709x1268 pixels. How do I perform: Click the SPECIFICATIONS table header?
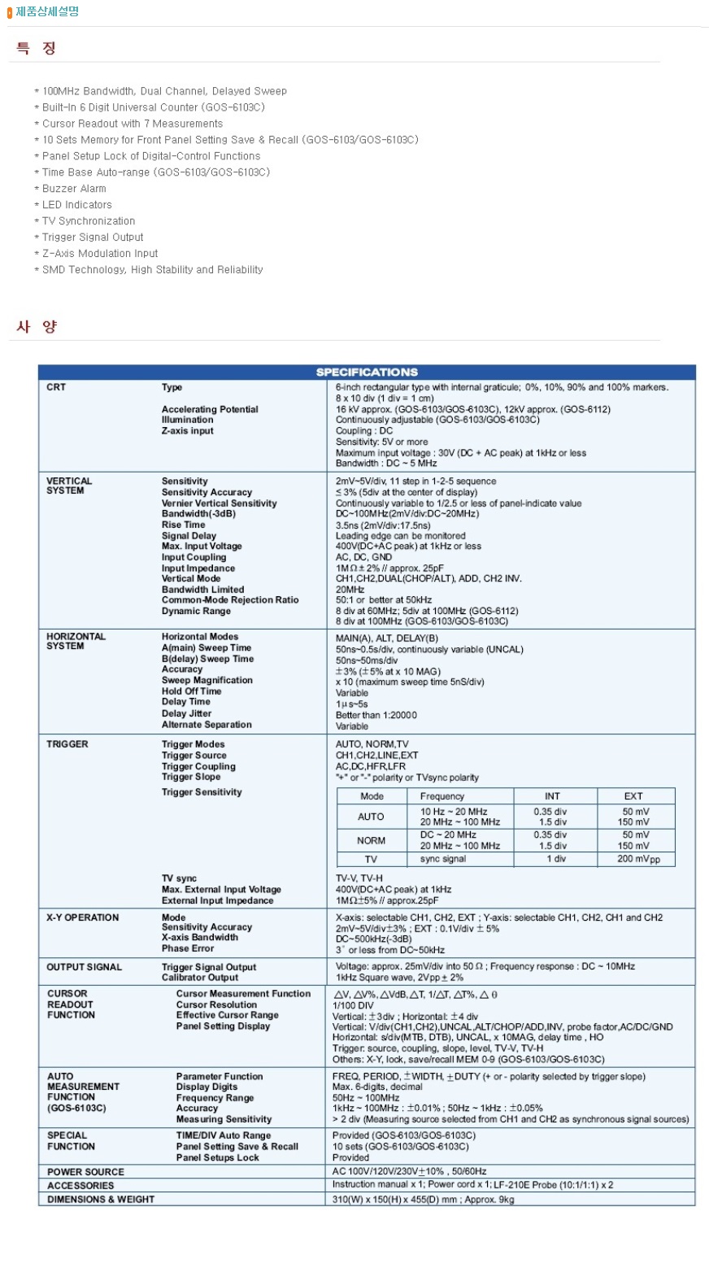(x=367, y=372)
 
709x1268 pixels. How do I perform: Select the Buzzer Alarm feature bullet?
(x=74, y=189)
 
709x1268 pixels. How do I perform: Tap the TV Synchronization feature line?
(x=89, y=221)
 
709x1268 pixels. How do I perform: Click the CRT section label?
(x=56, y=387)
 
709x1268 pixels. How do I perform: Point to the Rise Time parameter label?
(x=183, y=525)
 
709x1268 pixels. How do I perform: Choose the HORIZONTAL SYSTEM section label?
(x=76, y=641)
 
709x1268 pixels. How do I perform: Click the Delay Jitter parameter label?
(x=186, y=713)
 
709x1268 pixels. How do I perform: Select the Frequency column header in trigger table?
(x=442, y=796)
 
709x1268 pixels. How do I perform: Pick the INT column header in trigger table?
(x=552, y=796)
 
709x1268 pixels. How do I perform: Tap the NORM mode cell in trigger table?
(x=371, y=840)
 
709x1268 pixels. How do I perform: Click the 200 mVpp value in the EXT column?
(x=637, y=859)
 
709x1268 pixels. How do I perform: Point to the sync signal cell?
(x=443, y=859)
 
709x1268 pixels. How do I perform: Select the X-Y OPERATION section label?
(x=82, y=917)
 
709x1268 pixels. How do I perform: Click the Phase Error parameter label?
(x=188, y=948)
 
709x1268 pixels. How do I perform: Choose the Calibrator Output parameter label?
(x=200, y=978)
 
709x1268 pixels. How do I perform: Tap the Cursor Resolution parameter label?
(x=216, y=1004)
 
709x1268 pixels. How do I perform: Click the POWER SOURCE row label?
(x=85, y=1172)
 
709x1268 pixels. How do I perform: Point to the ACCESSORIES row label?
(x=80, y=1185)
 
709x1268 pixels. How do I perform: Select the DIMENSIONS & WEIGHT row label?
(x=100, y=1199)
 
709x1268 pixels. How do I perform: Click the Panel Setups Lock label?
(x=217, y=1157)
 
